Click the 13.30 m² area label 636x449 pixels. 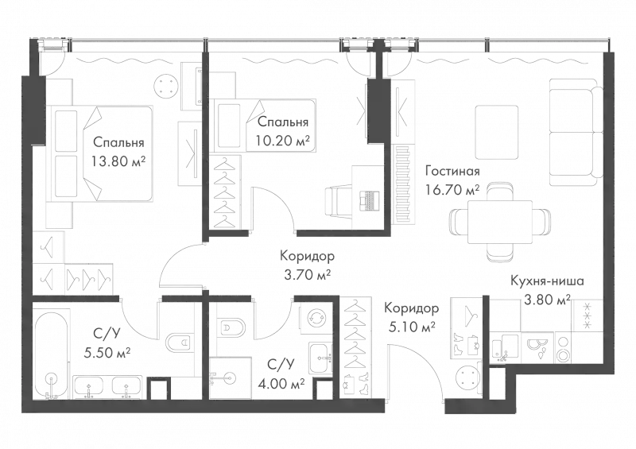click(117, 159)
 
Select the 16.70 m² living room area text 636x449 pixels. click(452, 189)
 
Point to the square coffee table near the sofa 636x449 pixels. click(497, 128)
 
